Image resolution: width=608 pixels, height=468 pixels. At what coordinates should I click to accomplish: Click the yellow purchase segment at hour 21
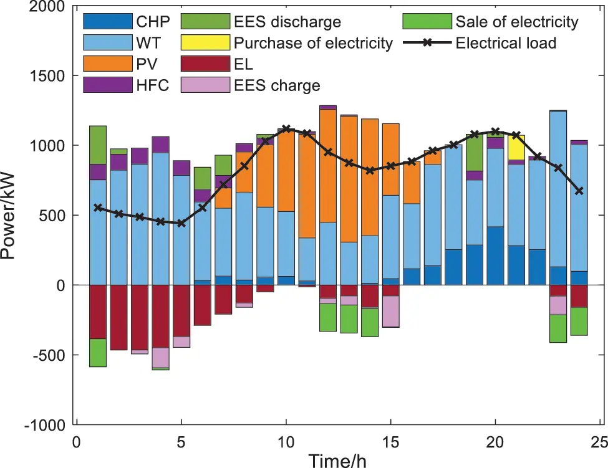(516, 148)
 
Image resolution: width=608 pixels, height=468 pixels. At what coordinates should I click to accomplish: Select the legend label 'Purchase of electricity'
(313, 44)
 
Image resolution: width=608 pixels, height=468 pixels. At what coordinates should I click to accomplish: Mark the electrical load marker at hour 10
(286, 129)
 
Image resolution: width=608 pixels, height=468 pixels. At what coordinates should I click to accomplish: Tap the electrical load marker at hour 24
(579, 191)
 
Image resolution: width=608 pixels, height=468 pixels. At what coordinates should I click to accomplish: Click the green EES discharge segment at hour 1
(97, 145)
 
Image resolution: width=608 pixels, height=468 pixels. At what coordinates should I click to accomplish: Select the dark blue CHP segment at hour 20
(496, 255)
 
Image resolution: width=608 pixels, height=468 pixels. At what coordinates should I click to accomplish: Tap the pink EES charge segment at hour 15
(391, 311)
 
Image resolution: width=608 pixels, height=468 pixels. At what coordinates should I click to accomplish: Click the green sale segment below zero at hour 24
(579, 321)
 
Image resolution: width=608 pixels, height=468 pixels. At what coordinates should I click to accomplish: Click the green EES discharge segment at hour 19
(475, 151)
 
